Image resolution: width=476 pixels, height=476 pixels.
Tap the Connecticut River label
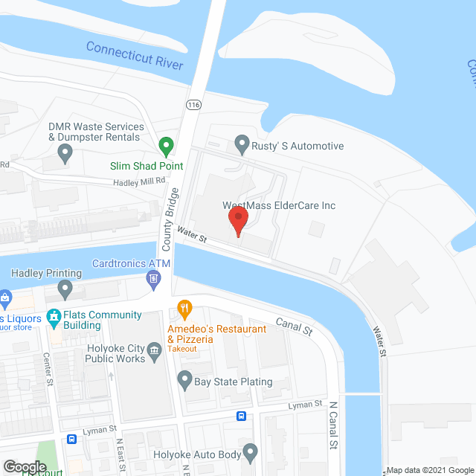coord(135,56)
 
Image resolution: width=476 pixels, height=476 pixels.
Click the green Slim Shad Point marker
coord(167,144)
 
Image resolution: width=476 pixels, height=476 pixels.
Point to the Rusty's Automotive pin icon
coord(242,141)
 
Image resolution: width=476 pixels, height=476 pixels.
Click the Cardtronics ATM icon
coord(153,279)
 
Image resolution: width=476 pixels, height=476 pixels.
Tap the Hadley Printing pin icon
coord(65,288)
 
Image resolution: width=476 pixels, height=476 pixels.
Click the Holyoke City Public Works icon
coord(155,350)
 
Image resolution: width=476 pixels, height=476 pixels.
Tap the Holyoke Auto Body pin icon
coord(250,451)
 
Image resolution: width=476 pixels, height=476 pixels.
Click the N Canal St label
coord(333,425)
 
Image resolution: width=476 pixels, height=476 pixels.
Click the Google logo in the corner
coord(24,467)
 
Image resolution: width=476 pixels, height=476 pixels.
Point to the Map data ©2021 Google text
coord(430,470)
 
